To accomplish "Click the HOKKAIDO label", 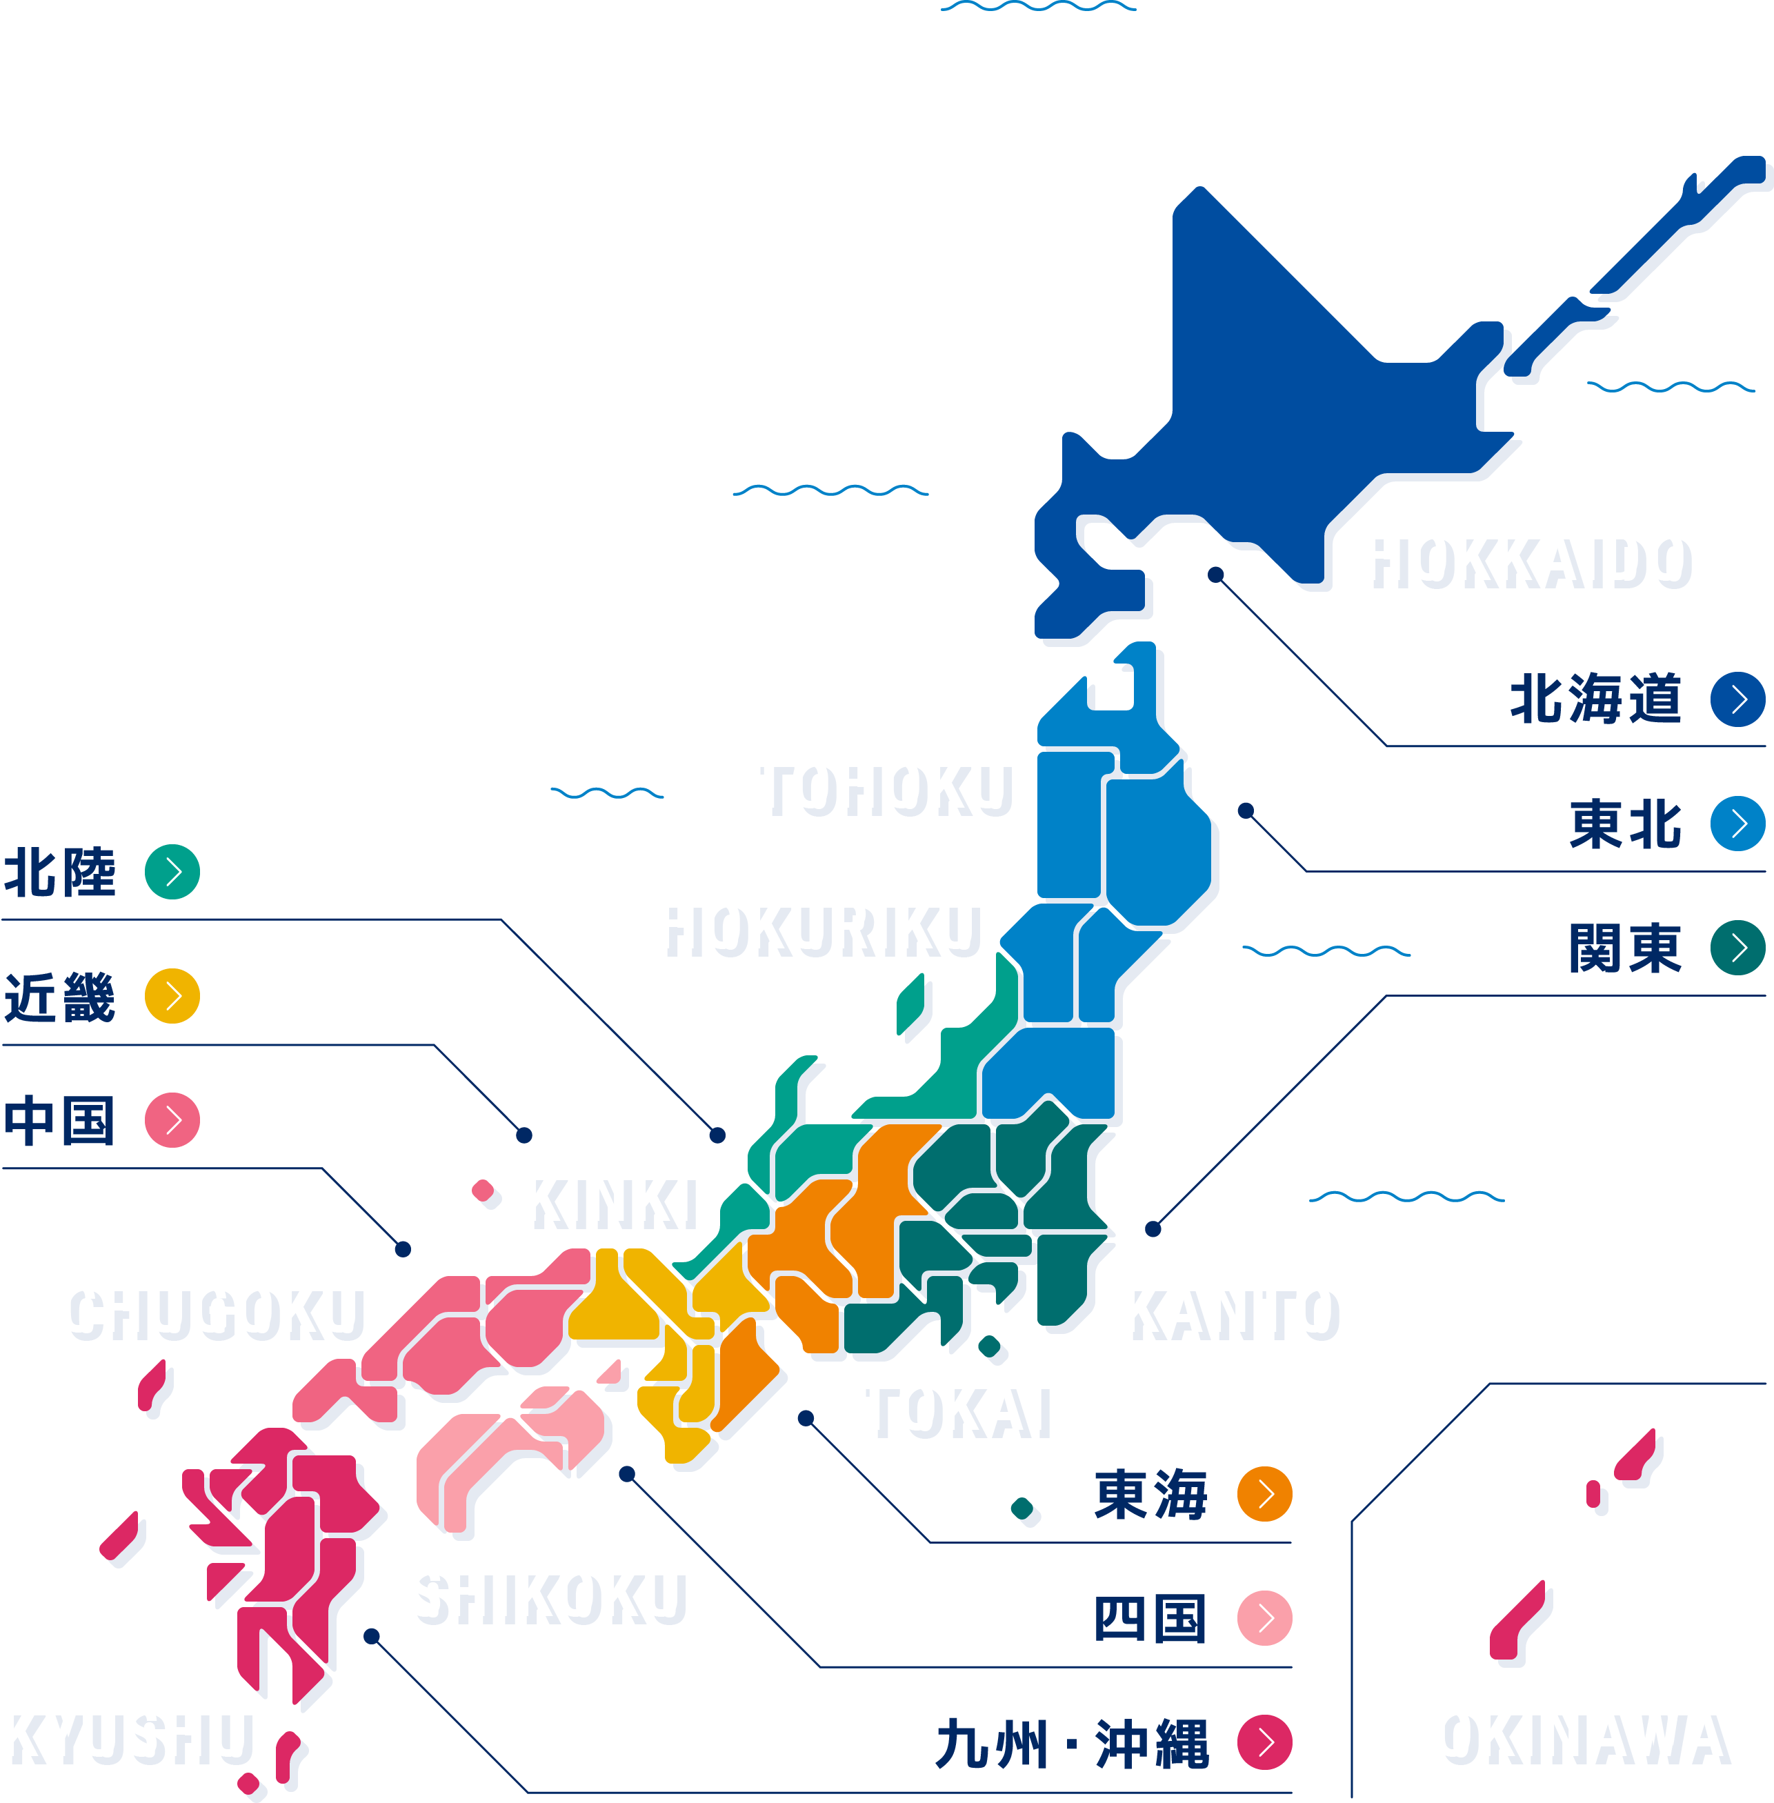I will (x=1524, y=557).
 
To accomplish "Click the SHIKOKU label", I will (x=544, y=1593).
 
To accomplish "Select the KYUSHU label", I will (x=125, y=1733).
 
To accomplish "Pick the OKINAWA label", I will (x=1578, y=1733).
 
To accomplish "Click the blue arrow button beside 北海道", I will (x=1737, y=699).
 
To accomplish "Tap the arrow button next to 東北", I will (x=1737, y=823).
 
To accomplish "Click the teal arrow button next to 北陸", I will (x=172, y=871).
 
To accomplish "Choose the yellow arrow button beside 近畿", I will (x=172, y=996).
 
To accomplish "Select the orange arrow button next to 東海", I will (x=1264, y=1493).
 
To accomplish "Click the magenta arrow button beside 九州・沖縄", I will (x=1264, y=1742).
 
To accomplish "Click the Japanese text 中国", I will (x=59, y=1120).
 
